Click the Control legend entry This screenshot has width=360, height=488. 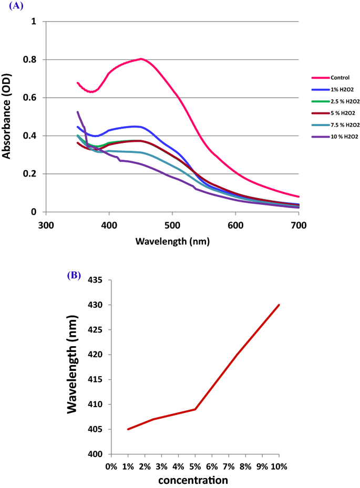pos(331,78)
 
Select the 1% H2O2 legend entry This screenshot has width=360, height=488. pos(333,89)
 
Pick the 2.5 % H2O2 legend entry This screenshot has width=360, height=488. pos(335,101)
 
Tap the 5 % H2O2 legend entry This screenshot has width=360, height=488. pos(333,113)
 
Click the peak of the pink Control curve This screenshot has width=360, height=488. pos(141,59)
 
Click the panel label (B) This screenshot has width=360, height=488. pos(73,275)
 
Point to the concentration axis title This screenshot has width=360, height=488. pos(194,480)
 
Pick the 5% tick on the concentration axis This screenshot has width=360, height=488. pos(195,466)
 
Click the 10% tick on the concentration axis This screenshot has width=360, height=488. pos(278,466)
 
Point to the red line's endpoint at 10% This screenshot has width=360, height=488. pos(279,305)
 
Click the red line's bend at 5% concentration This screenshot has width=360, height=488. pos(195,409)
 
